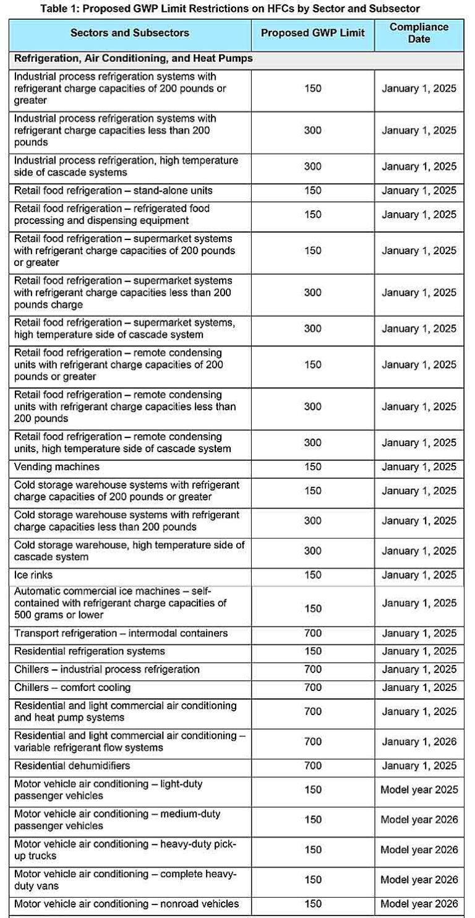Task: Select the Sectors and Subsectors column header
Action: point(130,33)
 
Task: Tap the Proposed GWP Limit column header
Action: point(312,33)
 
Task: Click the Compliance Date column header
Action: point(419,33)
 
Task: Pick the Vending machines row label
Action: point(57,467)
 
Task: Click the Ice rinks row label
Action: point(33,575)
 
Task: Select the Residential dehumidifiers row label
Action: point(72,766)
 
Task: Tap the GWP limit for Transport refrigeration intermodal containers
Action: point(312,633)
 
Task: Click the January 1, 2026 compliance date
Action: point(419,742)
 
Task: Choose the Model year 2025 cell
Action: point(419,790)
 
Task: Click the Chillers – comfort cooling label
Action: point(72,688)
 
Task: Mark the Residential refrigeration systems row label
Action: point(90,651)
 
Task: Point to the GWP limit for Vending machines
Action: point(312,467)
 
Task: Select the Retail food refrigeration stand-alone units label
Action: point(113,191)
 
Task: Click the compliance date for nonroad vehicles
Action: point(419,904)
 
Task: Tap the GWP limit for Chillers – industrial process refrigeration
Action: point(312,669)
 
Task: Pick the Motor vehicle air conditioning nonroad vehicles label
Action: point(126,904)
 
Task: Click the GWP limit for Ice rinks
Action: point(312,575)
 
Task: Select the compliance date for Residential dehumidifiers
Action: point(419,766)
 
